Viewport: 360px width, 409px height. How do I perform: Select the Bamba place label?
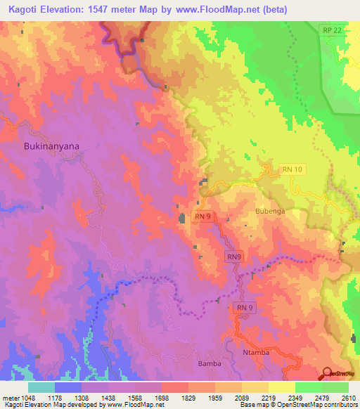click(210, 363)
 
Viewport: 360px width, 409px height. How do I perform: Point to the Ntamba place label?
click(255, 352)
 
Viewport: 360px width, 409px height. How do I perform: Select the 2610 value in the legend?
click(349, 397)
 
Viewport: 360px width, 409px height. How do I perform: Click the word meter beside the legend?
click(11, 397)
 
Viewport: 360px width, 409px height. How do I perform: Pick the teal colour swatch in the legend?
click(41, 387)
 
